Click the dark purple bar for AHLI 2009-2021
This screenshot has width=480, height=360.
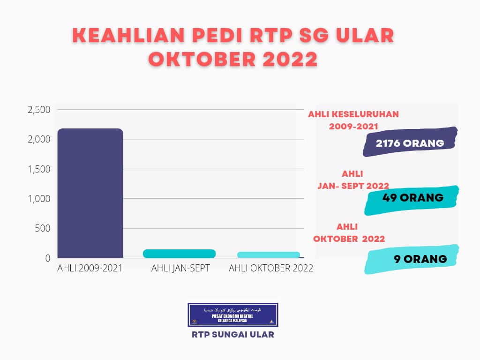click(x=90, y=193)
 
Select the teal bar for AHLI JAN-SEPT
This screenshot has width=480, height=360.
click(x=179, y=254)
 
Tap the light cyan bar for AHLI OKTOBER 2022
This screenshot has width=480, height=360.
click(x=269, y=255)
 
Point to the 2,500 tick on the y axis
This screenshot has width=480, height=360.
click(x=39, y=110)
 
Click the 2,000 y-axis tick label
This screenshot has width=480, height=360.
click(x=39, y=139)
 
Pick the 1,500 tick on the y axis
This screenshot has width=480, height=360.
click(x=40, y=169)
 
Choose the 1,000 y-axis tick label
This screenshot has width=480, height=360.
click(x=40, y=199)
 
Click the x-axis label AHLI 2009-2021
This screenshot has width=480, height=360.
click(x=90, y=269)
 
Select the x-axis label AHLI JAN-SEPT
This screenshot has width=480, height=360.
click(x=180, y=269)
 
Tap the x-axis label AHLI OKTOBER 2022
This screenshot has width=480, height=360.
click(x=270, y=269)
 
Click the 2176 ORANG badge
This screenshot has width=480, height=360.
click(x=410, y=142)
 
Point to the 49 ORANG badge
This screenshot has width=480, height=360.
click(x=412, y=198)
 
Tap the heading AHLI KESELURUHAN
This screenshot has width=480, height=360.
click(x=353, y=114)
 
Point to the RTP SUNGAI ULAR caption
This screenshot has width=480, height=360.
click(x=233, y=335)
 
